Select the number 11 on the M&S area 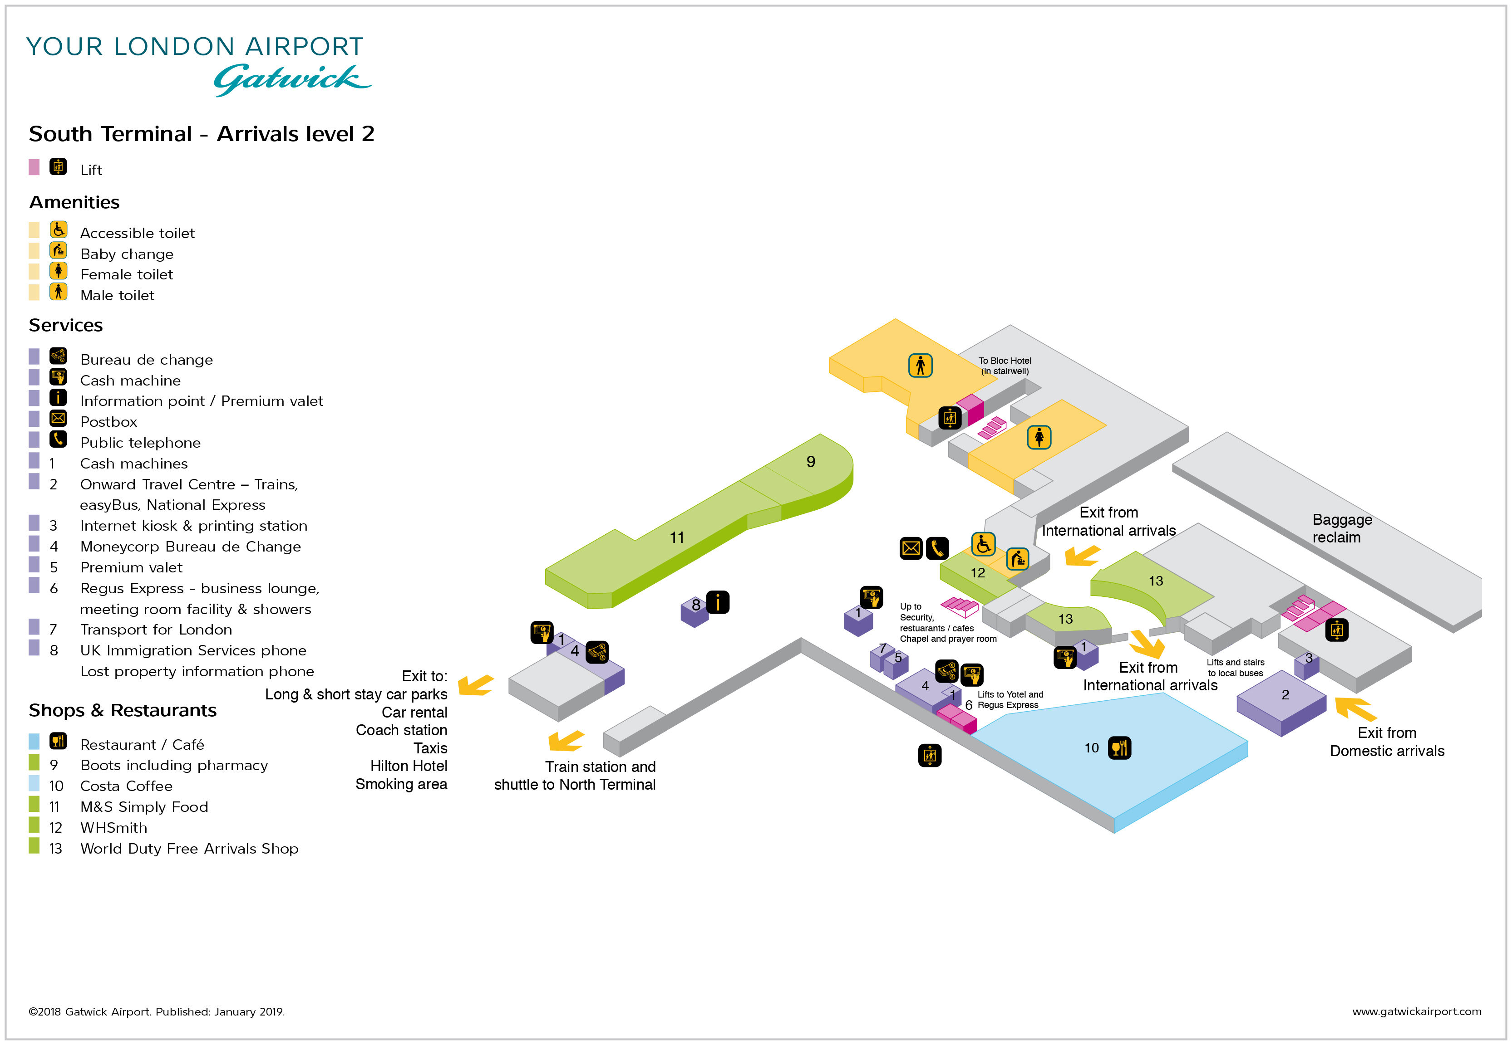677,537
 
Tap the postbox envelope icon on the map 911,548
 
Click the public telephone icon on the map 937,548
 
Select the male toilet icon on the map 920,366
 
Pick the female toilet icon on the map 1039,437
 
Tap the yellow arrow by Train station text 566,741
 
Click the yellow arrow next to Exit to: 476,685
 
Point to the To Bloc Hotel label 1004,366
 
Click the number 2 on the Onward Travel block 1285,695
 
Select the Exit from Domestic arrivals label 1386,742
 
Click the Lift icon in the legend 58,167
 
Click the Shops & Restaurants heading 123,710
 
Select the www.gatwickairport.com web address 1416,1011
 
